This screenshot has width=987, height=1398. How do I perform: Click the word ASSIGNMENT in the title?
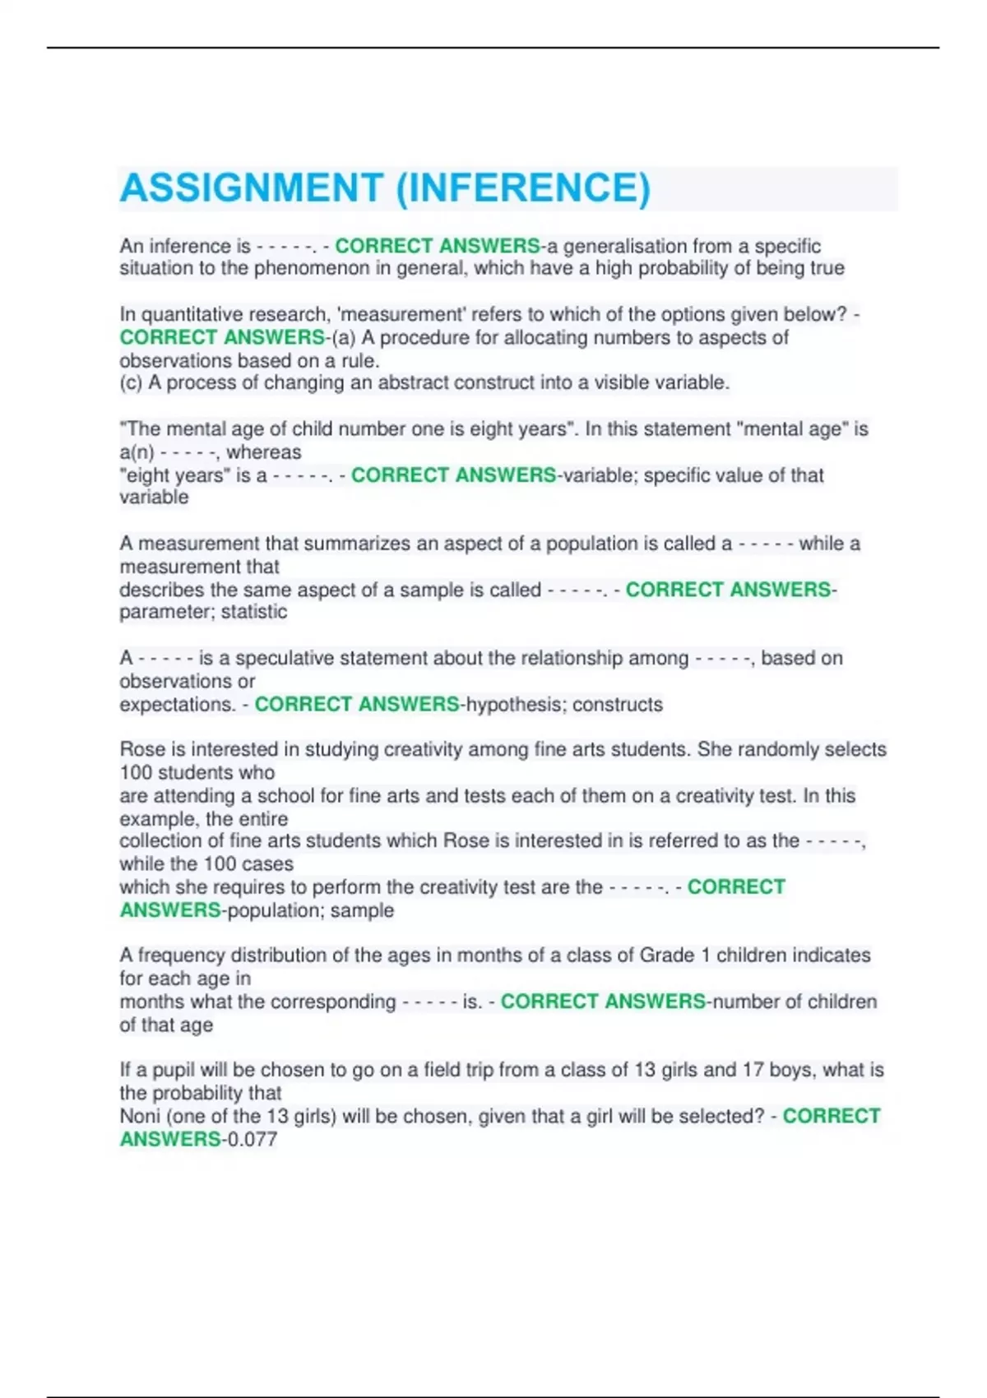[252, 188]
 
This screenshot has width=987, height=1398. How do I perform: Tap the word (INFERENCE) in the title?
[523, 188]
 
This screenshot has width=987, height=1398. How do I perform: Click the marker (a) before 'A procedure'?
[344, 338]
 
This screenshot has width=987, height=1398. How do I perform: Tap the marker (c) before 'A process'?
[131, 383]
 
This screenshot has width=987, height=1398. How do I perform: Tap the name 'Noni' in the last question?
[140, 1117]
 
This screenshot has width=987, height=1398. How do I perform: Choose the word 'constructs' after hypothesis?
[618, 705]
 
